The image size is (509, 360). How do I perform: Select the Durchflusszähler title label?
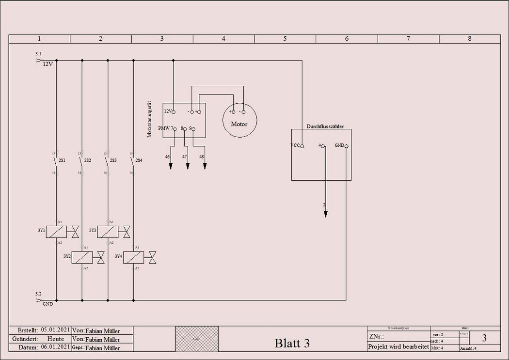325,126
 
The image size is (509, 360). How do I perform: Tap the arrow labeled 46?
171,165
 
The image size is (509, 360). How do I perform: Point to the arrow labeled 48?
205,165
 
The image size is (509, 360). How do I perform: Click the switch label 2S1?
62,160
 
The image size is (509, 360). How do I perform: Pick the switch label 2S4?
139,160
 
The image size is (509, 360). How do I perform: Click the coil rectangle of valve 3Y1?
56,232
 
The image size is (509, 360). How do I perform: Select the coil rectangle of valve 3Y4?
133,258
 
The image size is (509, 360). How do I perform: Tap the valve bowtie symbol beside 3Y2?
101,258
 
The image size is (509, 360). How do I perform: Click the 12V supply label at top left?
48,64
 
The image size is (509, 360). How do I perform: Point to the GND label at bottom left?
48,304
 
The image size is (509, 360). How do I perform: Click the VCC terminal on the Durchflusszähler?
302,146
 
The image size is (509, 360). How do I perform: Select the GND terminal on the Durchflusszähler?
346,146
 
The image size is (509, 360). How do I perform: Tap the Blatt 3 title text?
292,343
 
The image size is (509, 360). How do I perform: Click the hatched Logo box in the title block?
196,339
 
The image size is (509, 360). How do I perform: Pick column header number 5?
285,39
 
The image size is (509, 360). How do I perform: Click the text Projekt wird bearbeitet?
398,347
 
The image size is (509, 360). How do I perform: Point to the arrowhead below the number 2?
326,214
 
